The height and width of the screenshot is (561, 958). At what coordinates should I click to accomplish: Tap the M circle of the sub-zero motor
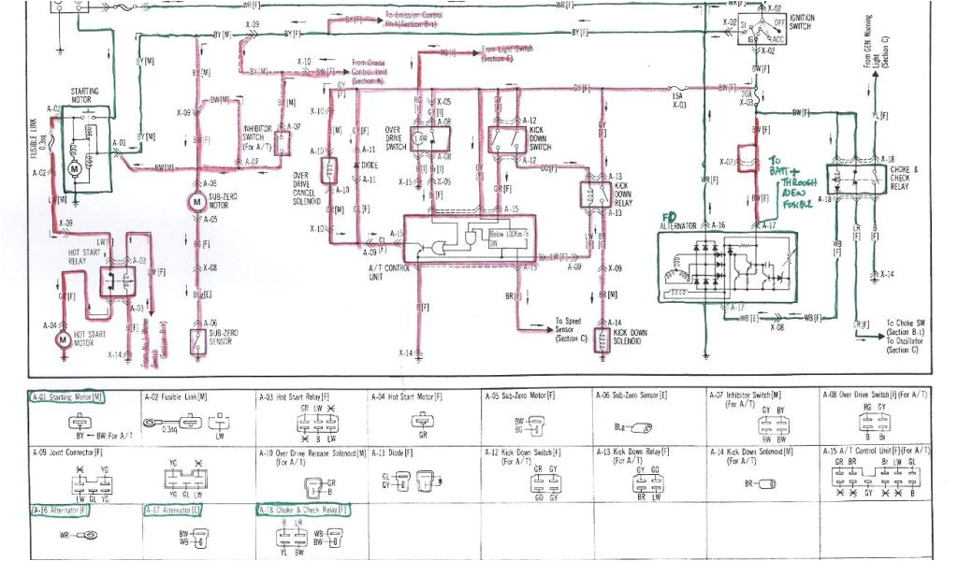coord(196,201)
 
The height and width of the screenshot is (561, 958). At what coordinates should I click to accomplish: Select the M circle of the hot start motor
coord(63,338)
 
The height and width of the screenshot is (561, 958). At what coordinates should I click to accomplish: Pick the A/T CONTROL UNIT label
coord(377,270)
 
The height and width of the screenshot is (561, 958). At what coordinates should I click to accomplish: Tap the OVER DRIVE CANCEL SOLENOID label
coord(307,188)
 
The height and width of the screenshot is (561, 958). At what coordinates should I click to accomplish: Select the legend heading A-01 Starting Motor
coord(66,396)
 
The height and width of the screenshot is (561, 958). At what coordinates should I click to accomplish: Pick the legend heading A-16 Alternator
coord(59,511)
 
